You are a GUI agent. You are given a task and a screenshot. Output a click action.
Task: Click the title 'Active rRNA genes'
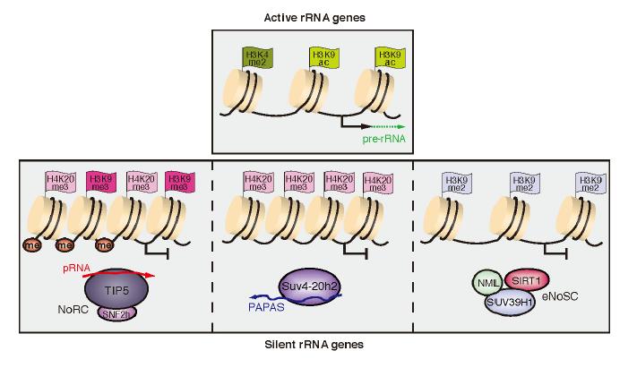(319, 17)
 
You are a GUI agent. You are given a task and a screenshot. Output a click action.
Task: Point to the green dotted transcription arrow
(386, 126)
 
